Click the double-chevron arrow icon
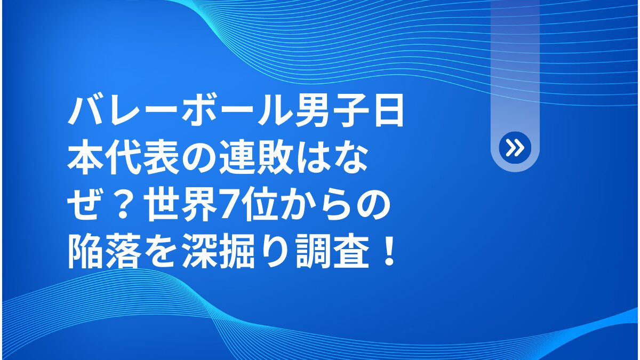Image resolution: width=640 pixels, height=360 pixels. coord(515,148)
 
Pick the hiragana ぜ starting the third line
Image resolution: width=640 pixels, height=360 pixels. coord(85,206)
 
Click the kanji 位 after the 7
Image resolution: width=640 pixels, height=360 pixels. coord(259,206)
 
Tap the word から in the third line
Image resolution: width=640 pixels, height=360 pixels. coord(314,206)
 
